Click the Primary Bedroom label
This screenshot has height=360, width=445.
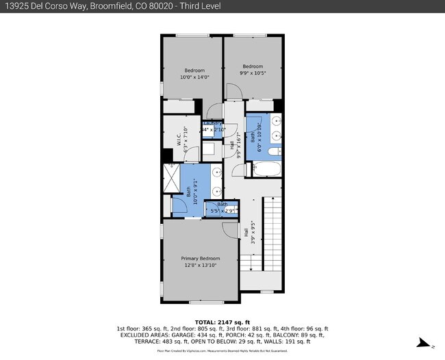(x=200, y=258)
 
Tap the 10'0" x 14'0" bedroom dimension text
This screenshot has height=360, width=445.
(x=194, y=77)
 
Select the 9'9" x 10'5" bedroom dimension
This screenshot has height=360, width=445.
(x=253, y=73)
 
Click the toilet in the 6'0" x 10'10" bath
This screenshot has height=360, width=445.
(x=273, y=152)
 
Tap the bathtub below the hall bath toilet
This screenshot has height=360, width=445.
(x=264, y=168)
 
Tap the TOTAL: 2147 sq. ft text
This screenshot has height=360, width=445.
(x=222, y=322)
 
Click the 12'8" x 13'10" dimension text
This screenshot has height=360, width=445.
(x=200, y=265)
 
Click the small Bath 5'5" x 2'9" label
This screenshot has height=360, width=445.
(x=223, y=205)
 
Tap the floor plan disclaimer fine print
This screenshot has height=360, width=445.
(x=222, y=350)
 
